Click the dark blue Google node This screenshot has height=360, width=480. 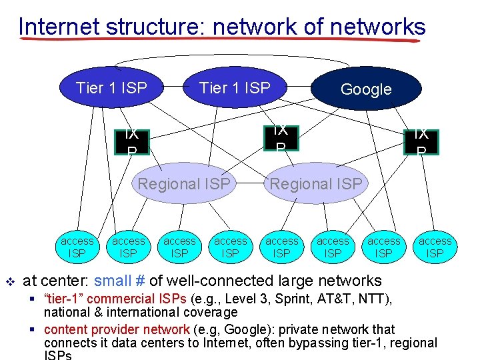coord(366,89)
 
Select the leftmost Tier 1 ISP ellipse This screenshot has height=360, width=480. coord(111,87)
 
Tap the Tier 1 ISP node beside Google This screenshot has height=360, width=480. coord(235,87)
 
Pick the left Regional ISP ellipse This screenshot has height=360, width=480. coord(184,183)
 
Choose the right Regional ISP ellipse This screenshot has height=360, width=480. coord(315,183)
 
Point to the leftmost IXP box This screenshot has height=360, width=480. coord(131,141)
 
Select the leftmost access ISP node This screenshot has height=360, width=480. coord(77,247)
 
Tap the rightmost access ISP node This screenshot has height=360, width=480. coord(435,247)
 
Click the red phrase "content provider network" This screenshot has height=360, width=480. coord(117,329)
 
